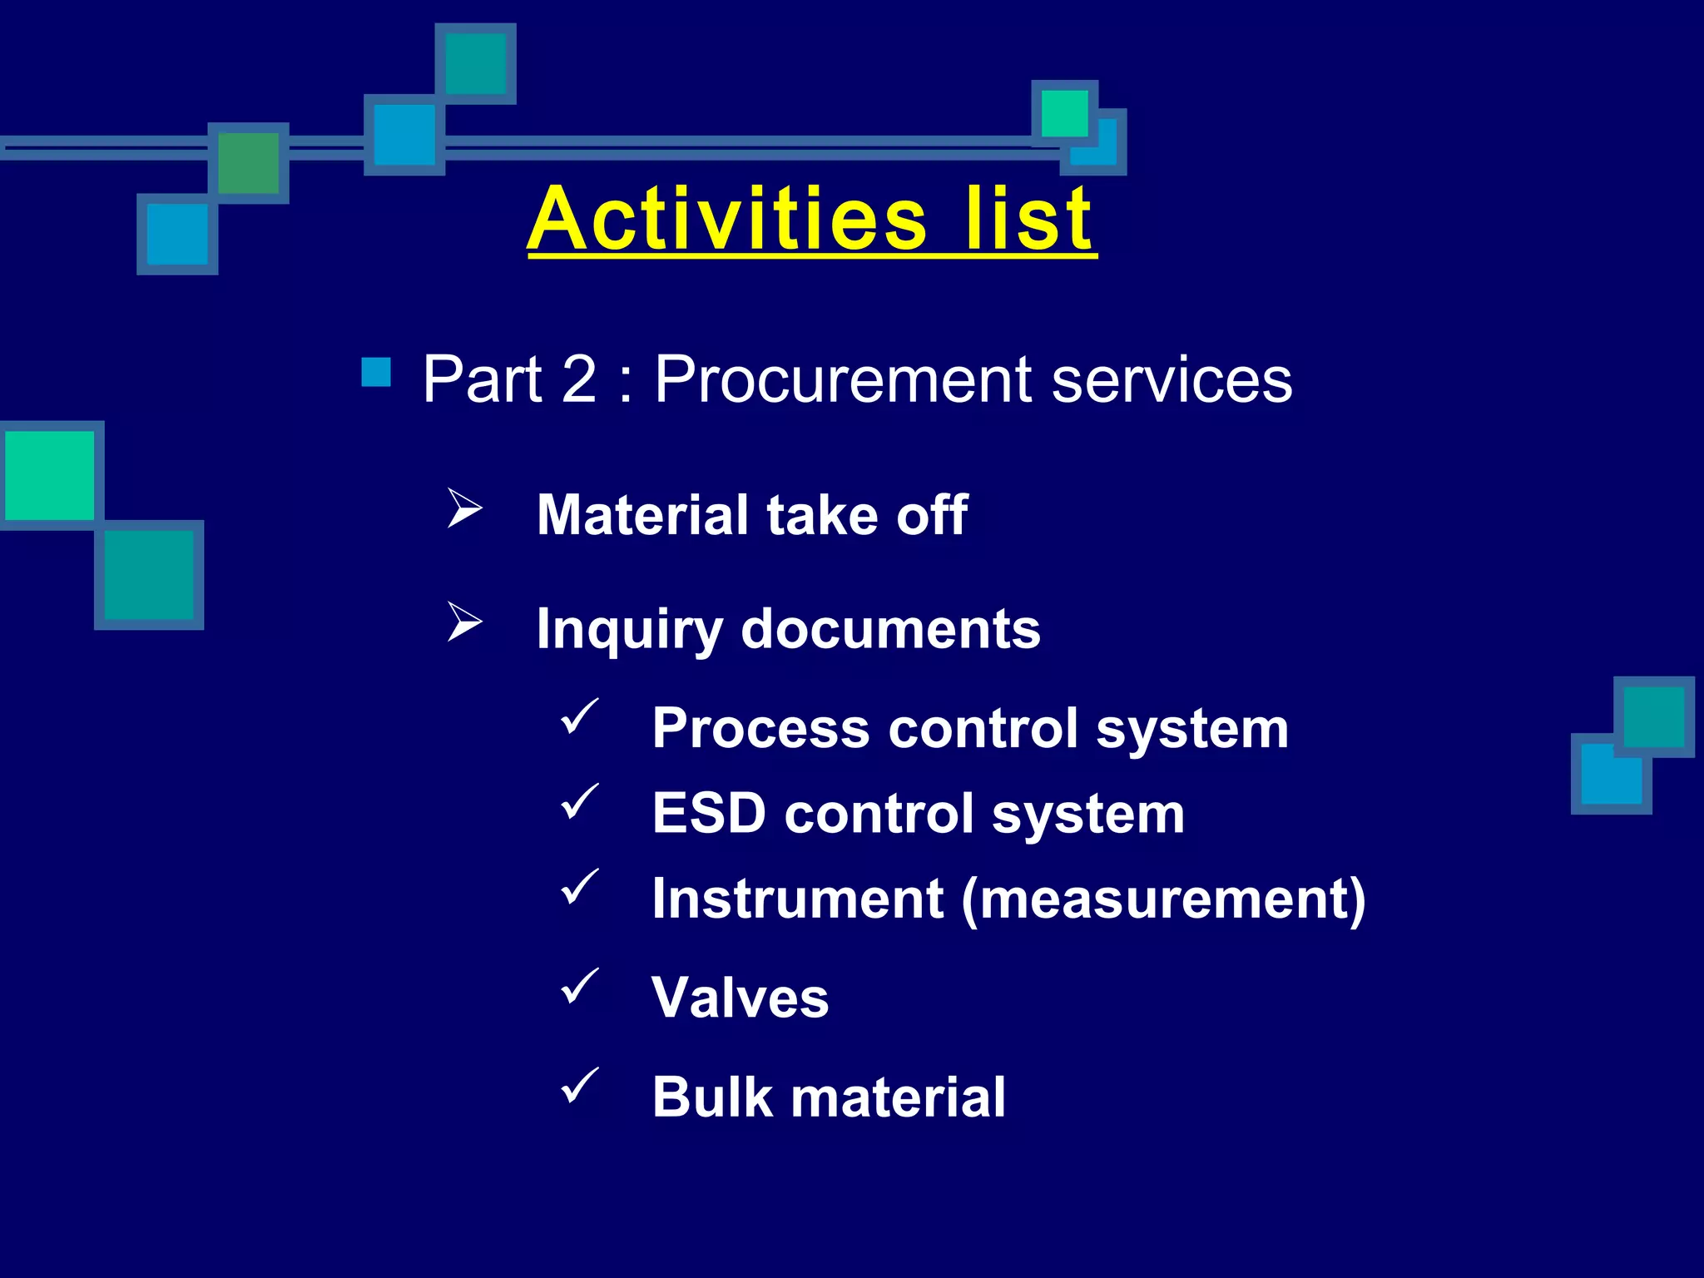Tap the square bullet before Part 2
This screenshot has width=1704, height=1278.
[x=376, y=372]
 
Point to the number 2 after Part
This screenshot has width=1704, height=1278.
[x=579, y=379]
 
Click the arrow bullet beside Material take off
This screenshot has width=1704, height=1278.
[x=464, y=508]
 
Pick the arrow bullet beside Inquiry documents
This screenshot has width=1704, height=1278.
[x=464, y=622]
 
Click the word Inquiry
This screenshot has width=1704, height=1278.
[x=629, y=630]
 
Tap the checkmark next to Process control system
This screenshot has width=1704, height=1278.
[x=580, y=717]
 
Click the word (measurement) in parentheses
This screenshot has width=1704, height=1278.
[x=1163, y=899]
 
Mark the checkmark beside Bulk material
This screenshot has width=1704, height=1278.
[x=580, y=1086]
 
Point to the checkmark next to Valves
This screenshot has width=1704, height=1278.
[x=580, y=987]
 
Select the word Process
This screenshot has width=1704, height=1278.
[x=761, y=729]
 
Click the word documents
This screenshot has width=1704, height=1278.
[x=890, y=629]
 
